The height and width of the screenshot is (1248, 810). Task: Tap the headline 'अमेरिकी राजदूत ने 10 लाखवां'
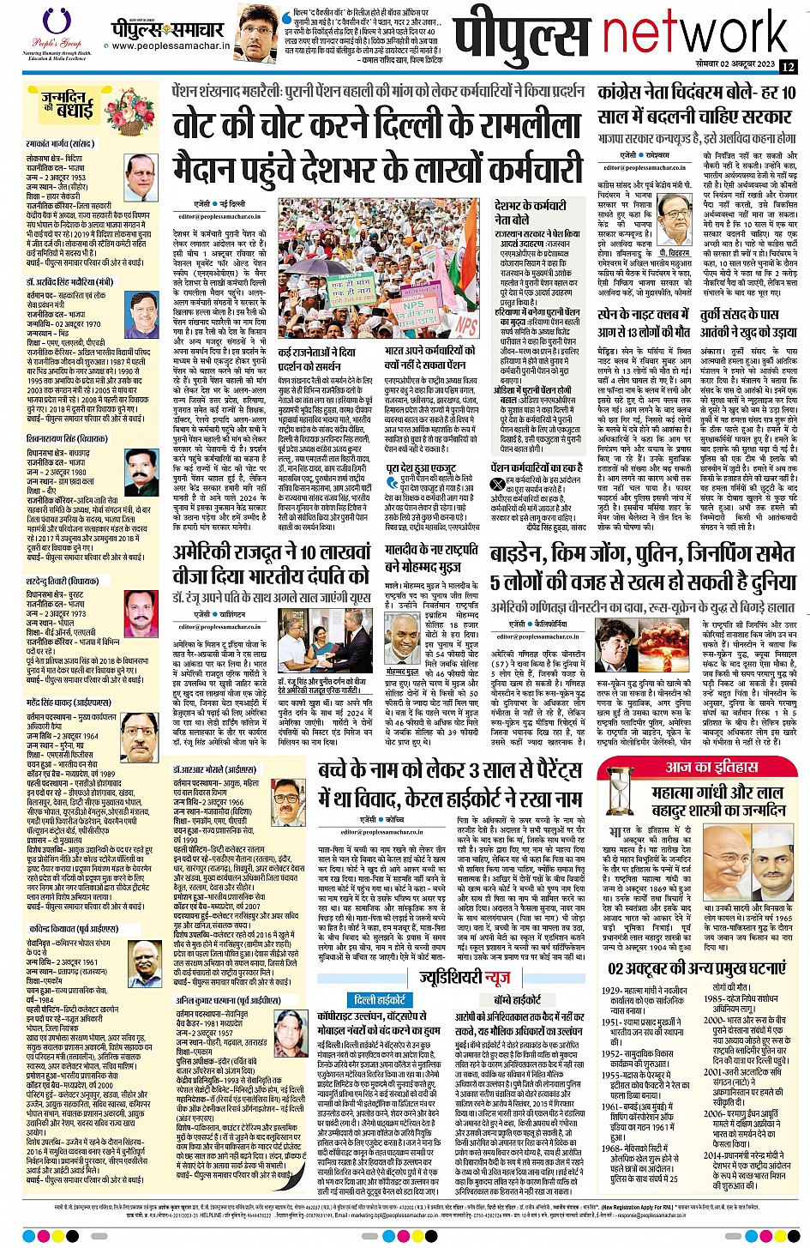coord(273,552)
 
